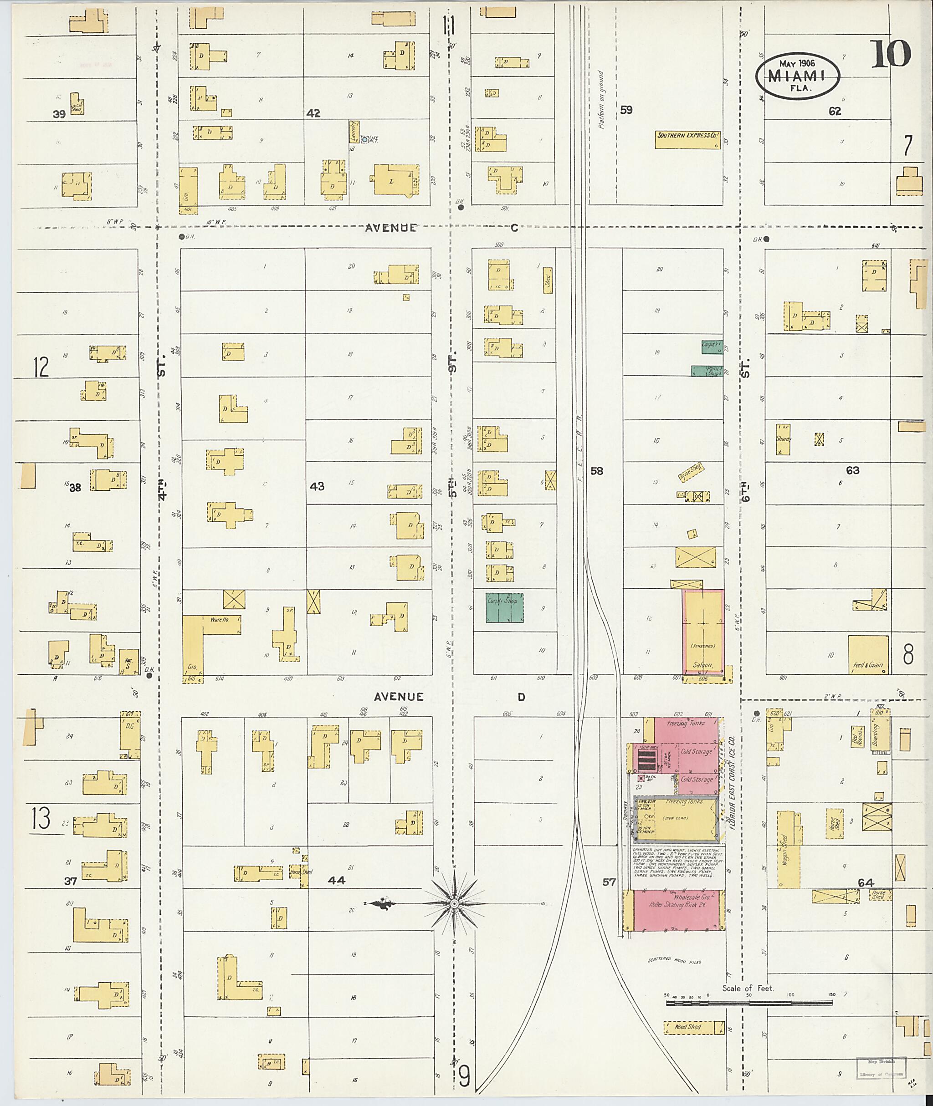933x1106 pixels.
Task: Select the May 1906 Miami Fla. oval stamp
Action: point(798,76)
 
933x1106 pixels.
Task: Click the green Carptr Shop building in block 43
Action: point(505,607)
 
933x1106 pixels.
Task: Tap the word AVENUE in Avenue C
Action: point(391,229)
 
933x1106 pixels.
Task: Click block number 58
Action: point(597,471)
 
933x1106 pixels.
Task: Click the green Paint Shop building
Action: point(707,371)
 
